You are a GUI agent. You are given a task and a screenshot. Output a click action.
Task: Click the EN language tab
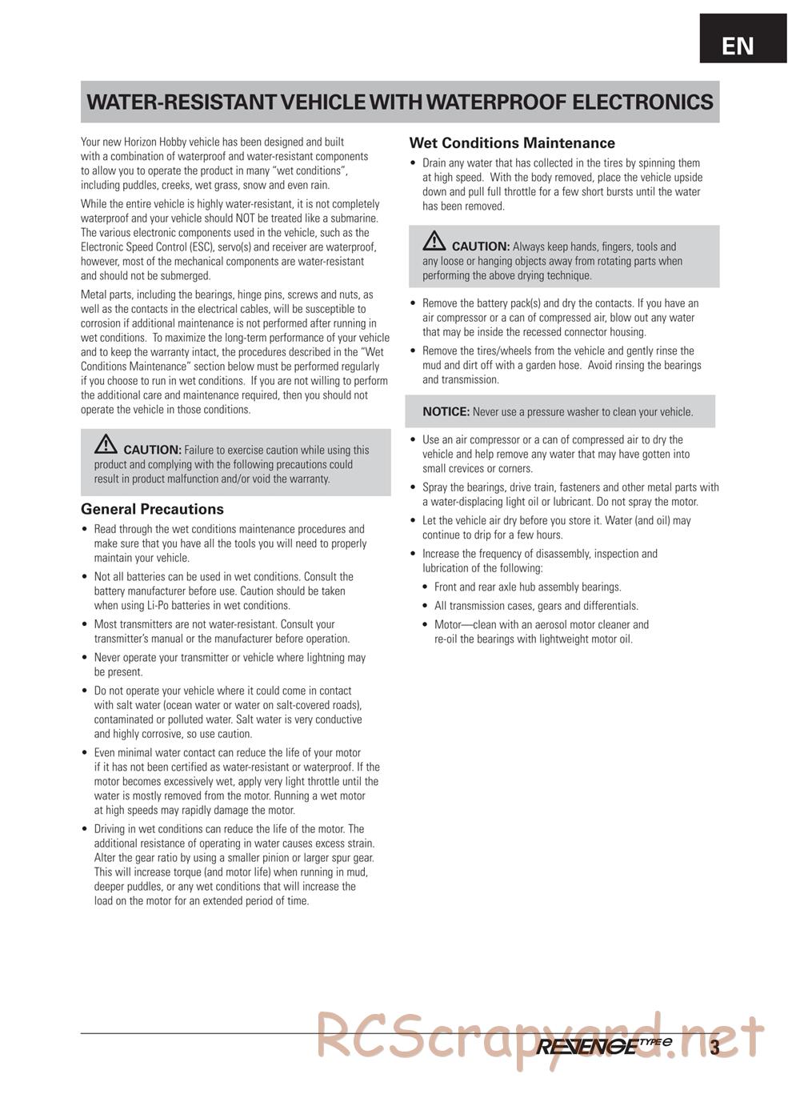pos(738,46)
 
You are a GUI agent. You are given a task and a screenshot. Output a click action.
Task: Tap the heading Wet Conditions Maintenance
pos(512,143)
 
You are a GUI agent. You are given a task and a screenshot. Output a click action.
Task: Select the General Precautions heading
pos(152,509)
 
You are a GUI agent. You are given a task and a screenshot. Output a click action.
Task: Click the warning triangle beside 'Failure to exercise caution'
pos(106,444)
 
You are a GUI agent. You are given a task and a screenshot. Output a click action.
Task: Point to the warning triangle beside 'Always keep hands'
pos(434,240)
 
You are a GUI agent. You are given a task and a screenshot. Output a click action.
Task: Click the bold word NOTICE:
pos(446,412)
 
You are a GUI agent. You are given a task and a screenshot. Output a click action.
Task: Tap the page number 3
pos(714,1047)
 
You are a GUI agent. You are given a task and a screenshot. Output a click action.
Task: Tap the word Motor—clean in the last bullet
pos(462,625)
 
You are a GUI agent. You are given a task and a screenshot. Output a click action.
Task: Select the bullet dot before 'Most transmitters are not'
pos(85,625)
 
